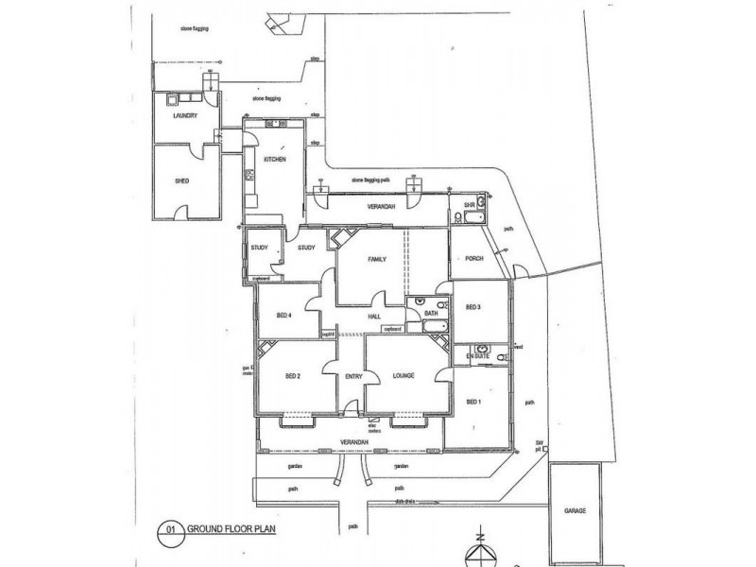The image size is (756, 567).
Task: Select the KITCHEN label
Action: coord(275,160)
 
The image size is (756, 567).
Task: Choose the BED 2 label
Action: coord(294,376)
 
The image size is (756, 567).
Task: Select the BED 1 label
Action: coord(474,403)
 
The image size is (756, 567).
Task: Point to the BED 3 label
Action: coord(474,308)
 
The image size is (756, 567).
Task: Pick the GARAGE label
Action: coord(576,510)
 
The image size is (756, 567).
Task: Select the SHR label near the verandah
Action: coord(468,205)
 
